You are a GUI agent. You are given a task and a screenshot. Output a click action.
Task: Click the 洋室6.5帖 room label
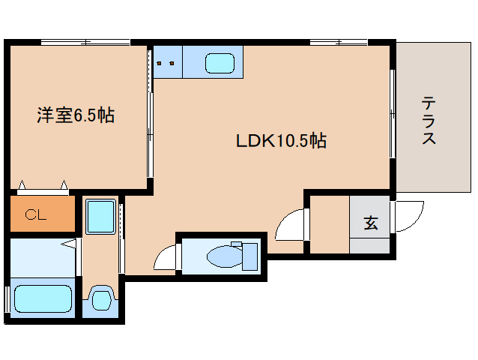point(76,115)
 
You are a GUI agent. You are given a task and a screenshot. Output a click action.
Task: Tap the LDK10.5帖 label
point(281,141)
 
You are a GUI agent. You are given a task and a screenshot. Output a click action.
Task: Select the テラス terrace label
point(429,120)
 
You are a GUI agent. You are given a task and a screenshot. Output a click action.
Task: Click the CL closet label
point(36,214)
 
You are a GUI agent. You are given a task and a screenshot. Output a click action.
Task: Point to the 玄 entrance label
point(371,223)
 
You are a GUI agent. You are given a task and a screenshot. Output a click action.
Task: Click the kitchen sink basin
point(220,63)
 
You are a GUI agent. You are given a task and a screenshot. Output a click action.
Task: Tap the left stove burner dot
point(159,63)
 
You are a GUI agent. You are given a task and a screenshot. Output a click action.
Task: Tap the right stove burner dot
point(172,63)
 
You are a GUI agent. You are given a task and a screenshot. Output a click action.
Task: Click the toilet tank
point(250,257)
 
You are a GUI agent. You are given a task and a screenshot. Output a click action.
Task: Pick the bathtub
point(43,298)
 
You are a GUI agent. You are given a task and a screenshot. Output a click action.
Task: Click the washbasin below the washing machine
point(101,300)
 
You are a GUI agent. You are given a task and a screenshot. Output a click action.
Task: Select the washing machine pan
point(100,216)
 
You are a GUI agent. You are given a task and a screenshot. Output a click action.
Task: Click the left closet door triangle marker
point(22,185)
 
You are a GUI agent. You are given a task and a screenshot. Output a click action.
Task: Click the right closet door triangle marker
point(64,185)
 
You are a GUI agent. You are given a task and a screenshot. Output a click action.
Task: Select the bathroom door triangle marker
point(68,244)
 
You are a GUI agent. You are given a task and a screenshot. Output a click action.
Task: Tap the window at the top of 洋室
point(85,42)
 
